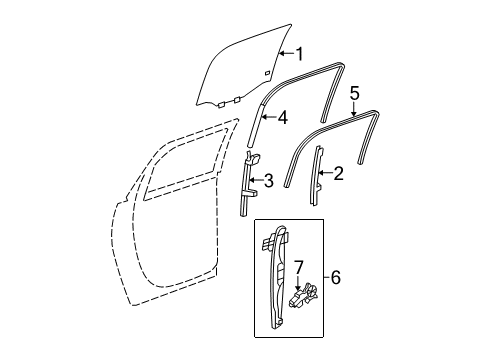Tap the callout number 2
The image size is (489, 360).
pyautogui.click(x=337, y=173)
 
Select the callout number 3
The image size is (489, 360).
pyautogui.click(x=267, y=181)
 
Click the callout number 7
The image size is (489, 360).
pyautogui.click(x=297, y=267)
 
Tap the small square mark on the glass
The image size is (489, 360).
pyautogui.click(x=267, y=74)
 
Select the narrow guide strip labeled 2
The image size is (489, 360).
pyautogui.click(x=319, y=175)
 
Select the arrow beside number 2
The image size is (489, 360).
pyautogui.click(x=324, y=173)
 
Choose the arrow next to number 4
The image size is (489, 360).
pyautogui.click(x=268, y=117)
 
